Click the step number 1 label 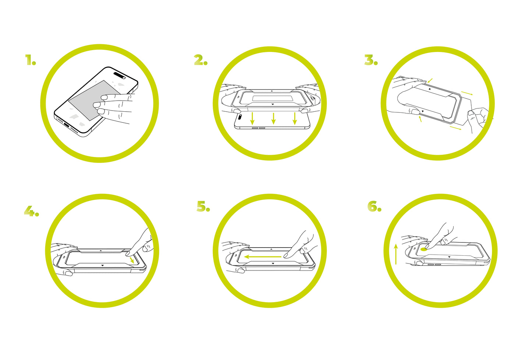coord(31,60)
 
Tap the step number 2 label coord(201,60)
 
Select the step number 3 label coord(371,60)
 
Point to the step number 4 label coord(31,211)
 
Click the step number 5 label coord(203,206)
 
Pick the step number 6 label coord(374,206)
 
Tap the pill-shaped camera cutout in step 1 coord(120,75)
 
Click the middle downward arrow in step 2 coord(273,118)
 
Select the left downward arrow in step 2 coord(252,119)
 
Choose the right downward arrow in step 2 coord(295,119)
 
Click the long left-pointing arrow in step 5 coord(263,256)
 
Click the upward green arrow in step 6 coord(396,254)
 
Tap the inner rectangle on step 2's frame coord(272,98)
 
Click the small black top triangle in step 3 coord(430,89)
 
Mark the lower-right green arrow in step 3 coord(455,128)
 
